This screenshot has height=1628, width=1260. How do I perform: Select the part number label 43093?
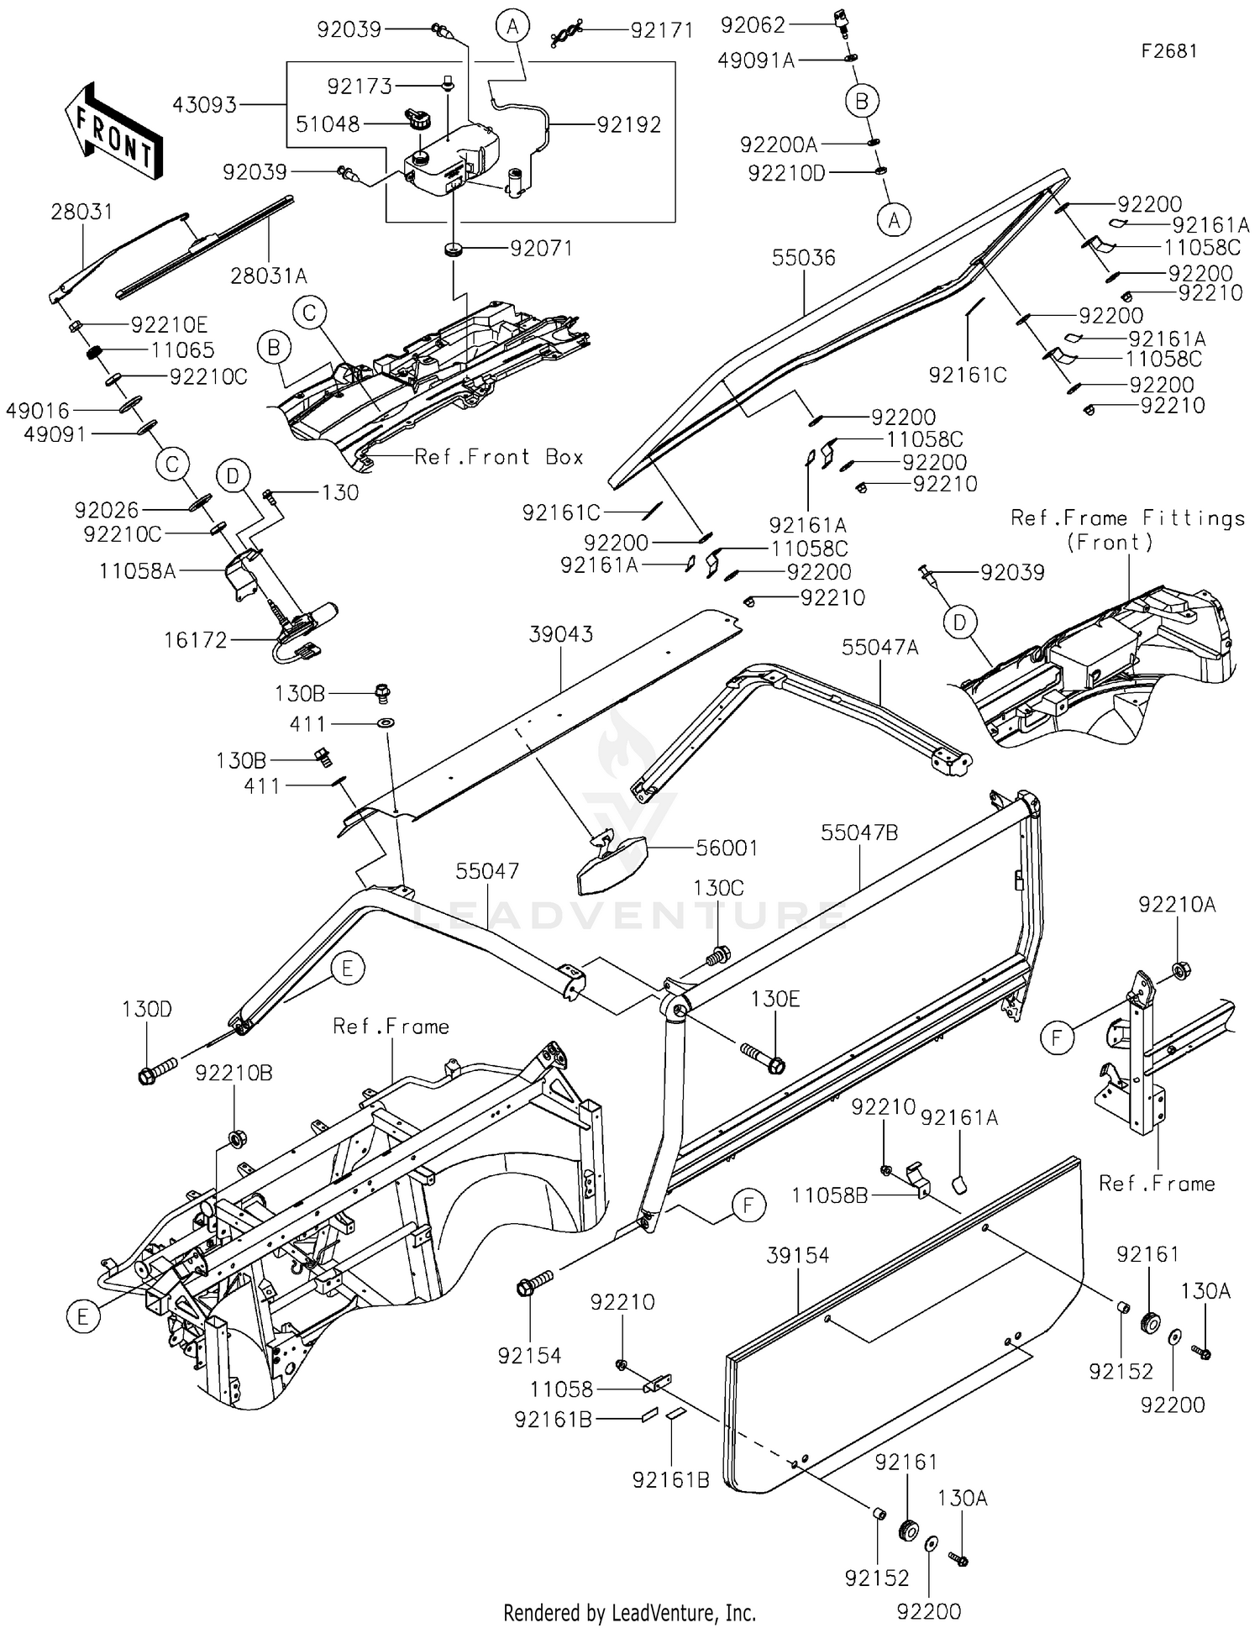tap(204, 105)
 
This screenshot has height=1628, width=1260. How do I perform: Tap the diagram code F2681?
tap(1168, 51)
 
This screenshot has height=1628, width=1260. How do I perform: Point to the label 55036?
tap(804, 258)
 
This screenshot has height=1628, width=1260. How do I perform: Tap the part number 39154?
tap(797, 1255)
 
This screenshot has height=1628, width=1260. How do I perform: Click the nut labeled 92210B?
tap(236, 1138)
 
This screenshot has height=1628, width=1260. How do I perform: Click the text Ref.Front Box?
tap(499, 457)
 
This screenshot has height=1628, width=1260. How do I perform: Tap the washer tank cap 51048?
tap(417, 118)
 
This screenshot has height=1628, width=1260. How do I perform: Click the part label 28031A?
tap(269, 276)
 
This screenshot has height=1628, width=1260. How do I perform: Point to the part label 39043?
tap(561, 634)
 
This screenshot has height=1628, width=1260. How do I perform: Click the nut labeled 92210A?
tap(1179, 970)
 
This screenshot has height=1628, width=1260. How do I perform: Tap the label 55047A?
tap(880, 647)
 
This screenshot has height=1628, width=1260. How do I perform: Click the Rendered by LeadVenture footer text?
tap(629, 1612)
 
